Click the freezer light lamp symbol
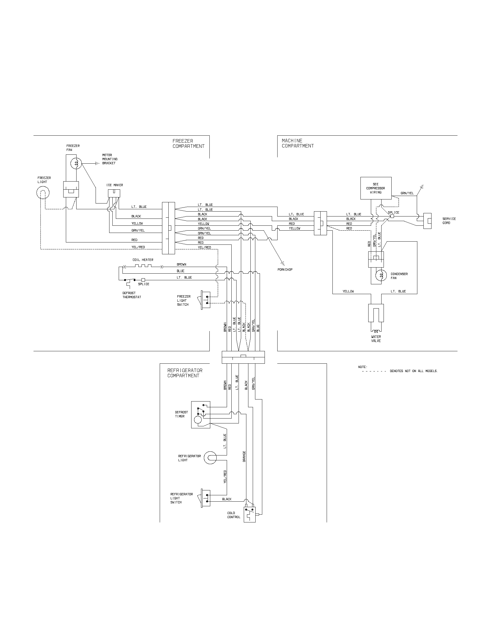43,193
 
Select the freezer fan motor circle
76,163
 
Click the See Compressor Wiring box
375,188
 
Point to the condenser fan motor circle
381,275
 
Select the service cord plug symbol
427,221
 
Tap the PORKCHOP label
285,270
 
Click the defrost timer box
200,414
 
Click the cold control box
249,514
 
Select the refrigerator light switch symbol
205,498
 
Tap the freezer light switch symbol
205,300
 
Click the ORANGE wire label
244,457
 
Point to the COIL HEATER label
143,260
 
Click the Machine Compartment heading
297,143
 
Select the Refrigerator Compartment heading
185,373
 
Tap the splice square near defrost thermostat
143,280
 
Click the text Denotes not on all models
414,371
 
